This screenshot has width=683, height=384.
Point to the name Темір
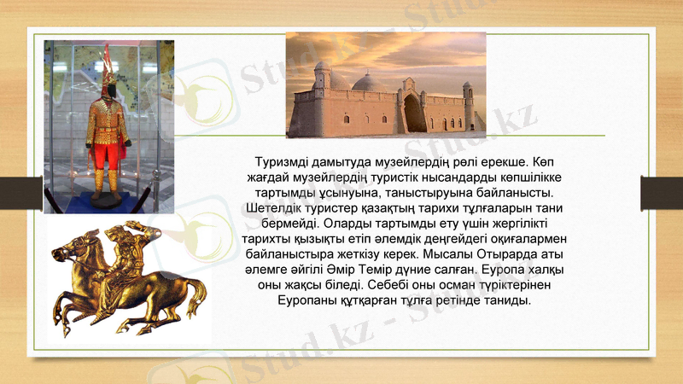tap(398, 271)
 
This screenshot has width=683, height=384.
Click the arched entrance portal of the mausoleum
tap(413, 111)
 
